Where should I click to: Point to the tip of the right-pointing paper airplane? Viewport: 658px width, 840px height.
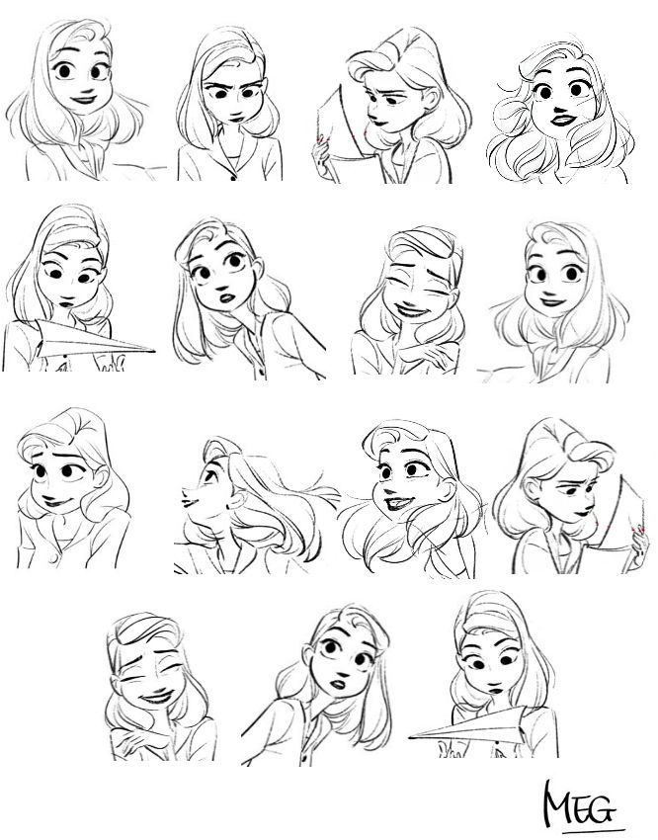pos(158,350)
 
